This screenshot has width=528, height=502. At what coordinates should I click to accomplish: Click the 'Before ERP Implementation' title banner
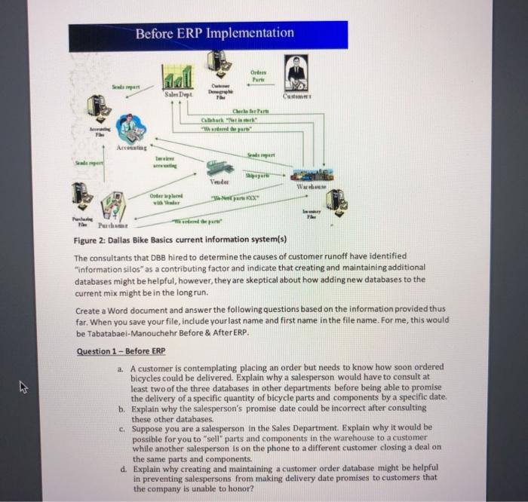click(208, 34)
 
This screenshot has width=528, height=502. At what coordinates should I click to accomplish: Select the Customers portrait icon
click(296, 75)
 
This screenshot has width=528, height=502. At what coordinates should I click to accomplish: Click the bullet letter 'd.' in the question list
click(123, 467)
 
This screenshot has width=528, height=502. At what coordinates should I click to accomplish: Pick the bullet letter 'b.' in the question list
click(123, 409)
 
